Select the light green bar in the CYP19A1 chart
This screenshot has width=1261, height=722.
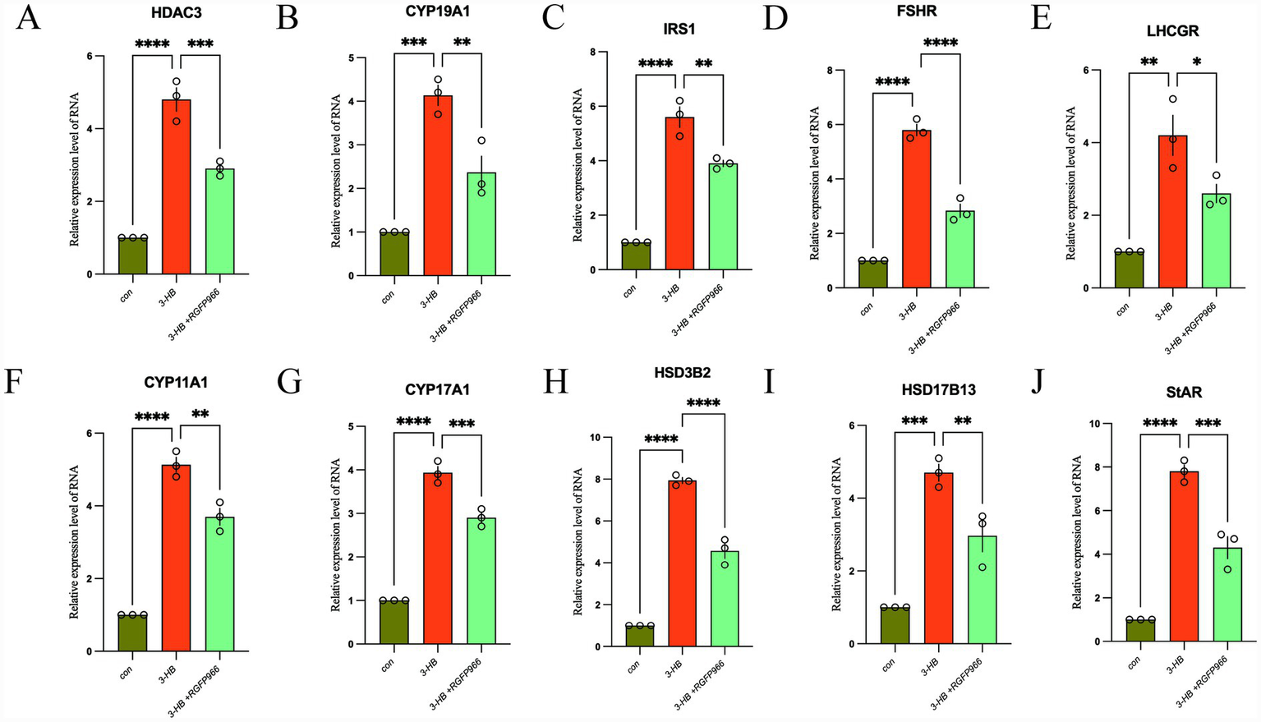coord(481,224)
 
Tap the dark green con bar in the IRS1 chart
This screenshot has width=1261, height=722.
coord(636,255)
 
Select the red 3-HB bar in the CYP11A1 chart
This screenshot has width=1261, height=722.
coord(176,559)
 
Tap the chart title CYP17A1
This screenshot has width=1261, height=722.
coord(437,389)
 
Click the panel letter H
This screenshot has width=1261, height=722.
coord(556,383)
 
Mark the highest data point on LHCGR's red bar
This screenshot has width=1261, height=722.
coord(1172,99)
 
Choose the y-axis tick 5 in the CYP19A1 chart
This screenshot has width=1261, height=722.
coord(351,58)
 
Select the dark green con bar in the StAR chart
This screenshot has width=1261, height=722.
coord(1140,630)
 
